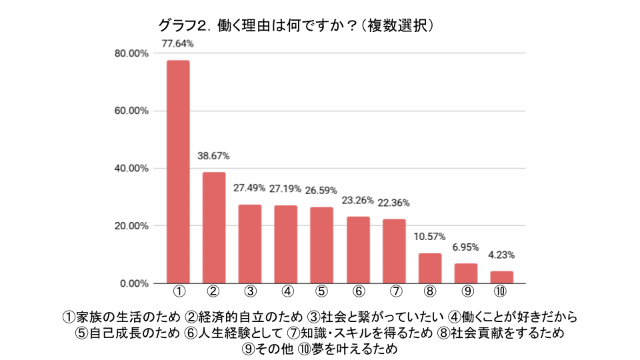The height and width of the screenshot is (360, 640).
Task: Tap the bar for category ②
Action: point(214,227)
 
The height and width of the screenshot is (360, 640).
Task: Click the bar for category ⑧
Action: point(430,268)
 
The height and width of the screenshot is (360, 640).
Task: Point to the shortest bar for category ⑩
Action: point(502,277)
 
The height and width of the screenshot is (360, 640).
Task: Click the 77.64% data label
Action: point(178,43)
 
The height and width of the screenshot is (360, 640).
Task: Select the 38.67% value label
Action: point(214,156)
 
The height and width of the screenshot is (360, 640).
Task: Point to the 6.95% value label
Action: point(466,247)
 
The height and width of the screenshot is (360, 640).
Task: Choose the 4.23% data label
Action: point(502,255)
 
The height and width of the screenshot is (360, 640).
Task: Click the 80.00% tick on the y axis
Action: point(130,53)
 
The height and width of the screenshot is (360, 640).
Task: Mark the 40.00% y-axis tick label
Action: point(130,169)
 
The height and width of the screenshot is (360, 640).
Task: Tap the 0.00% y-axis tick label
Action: point(133,283)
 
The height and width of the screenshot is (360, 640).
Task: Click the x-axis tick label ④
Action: point(287,291)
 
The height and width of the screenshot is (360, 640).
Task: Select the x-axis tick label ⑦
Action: point(395,291)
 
